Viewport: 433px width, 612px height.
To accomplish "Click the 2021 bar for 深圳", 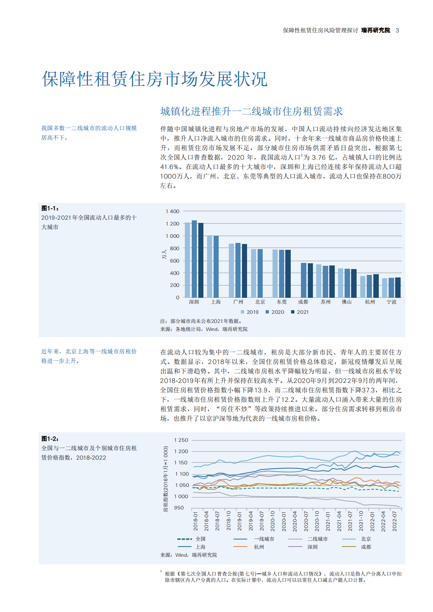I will (201, 260).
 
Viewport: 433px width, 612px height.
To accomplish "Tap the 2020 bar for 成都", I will (303, 280).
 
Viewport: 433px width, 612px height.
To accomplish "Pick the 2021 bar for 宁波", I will (398, 288).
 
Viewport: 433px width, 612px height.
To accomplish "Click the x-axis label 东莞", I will (282, 302).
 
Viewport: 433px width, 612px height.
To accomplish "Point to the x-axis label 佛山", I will (347, 302).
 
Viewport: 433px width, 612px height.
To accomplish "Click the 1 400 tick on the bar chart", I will (172, 211).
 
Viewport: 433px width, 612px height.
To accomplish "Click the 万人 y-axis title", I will (164, 255).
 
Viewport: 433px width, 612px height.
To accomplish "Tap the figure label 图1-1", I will (50, 208).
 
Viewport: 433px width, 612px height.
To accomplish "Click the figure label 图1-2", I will (50, 439).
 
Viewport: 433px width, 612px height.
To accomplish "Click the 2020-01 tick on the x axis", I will (284, 521).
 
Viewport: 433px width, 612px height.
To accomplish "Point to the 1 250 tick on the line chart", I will (181, 440).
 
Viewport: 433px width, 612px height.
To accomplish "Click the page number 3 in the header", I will (397, 31).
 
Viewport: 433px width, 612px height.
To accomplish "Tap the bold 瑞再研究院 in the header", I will (376, 31).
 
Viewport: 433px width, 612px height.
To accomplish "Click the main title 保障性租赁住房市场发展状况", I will (155, 79).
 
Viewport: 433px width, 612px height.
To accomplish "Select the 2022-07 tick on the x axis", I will (394, 521).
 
